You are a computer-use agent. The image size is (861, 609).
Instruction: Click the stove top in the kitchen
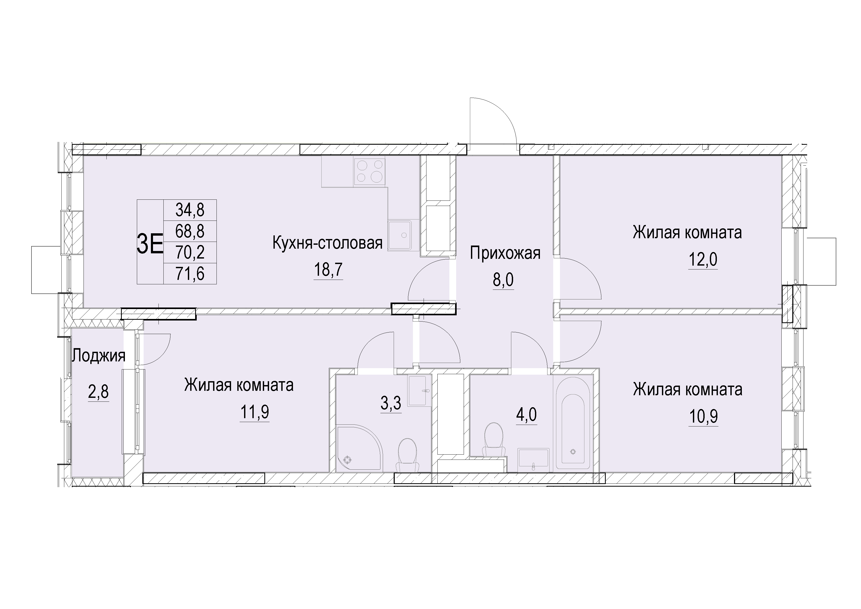tap(369, 171)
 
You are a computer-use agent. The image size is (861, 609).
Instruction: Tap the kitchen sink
tap(400, 235)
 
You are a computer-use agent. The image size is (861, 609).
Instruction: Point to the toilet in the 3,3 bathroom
tap(407, 455)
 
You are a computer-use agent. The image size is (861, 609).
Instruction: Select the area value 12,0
tap(703, 259)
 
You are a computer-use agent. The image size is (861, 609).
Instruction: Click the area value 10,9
tap(703, 417)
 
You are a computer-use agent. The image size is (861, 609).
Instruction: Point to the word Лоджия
tap(99, 355)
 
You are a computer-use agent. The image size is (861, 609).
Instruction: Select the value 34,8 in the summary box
tap(190, 210)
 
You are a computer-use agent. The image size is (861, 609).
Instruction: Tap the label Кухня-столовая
tap(327, 243)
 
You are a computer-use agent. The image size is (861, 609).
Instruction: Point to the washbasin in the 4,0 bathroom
tap(533, 460)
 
